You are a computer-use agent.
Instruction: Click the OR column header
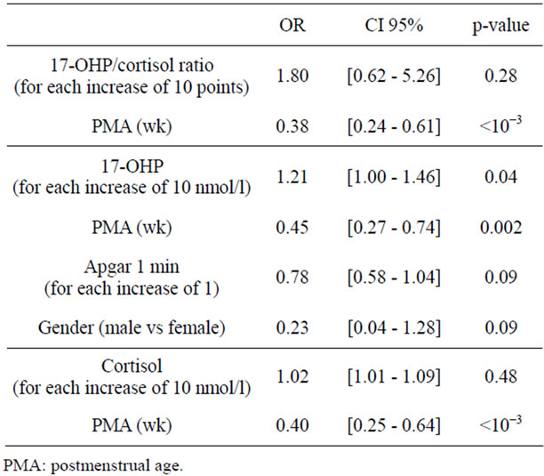pos(292,25)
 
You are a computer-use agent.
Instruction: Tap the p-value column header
pos(497,25)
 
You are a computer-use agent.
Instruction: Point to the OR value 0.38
pos(292,125)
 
